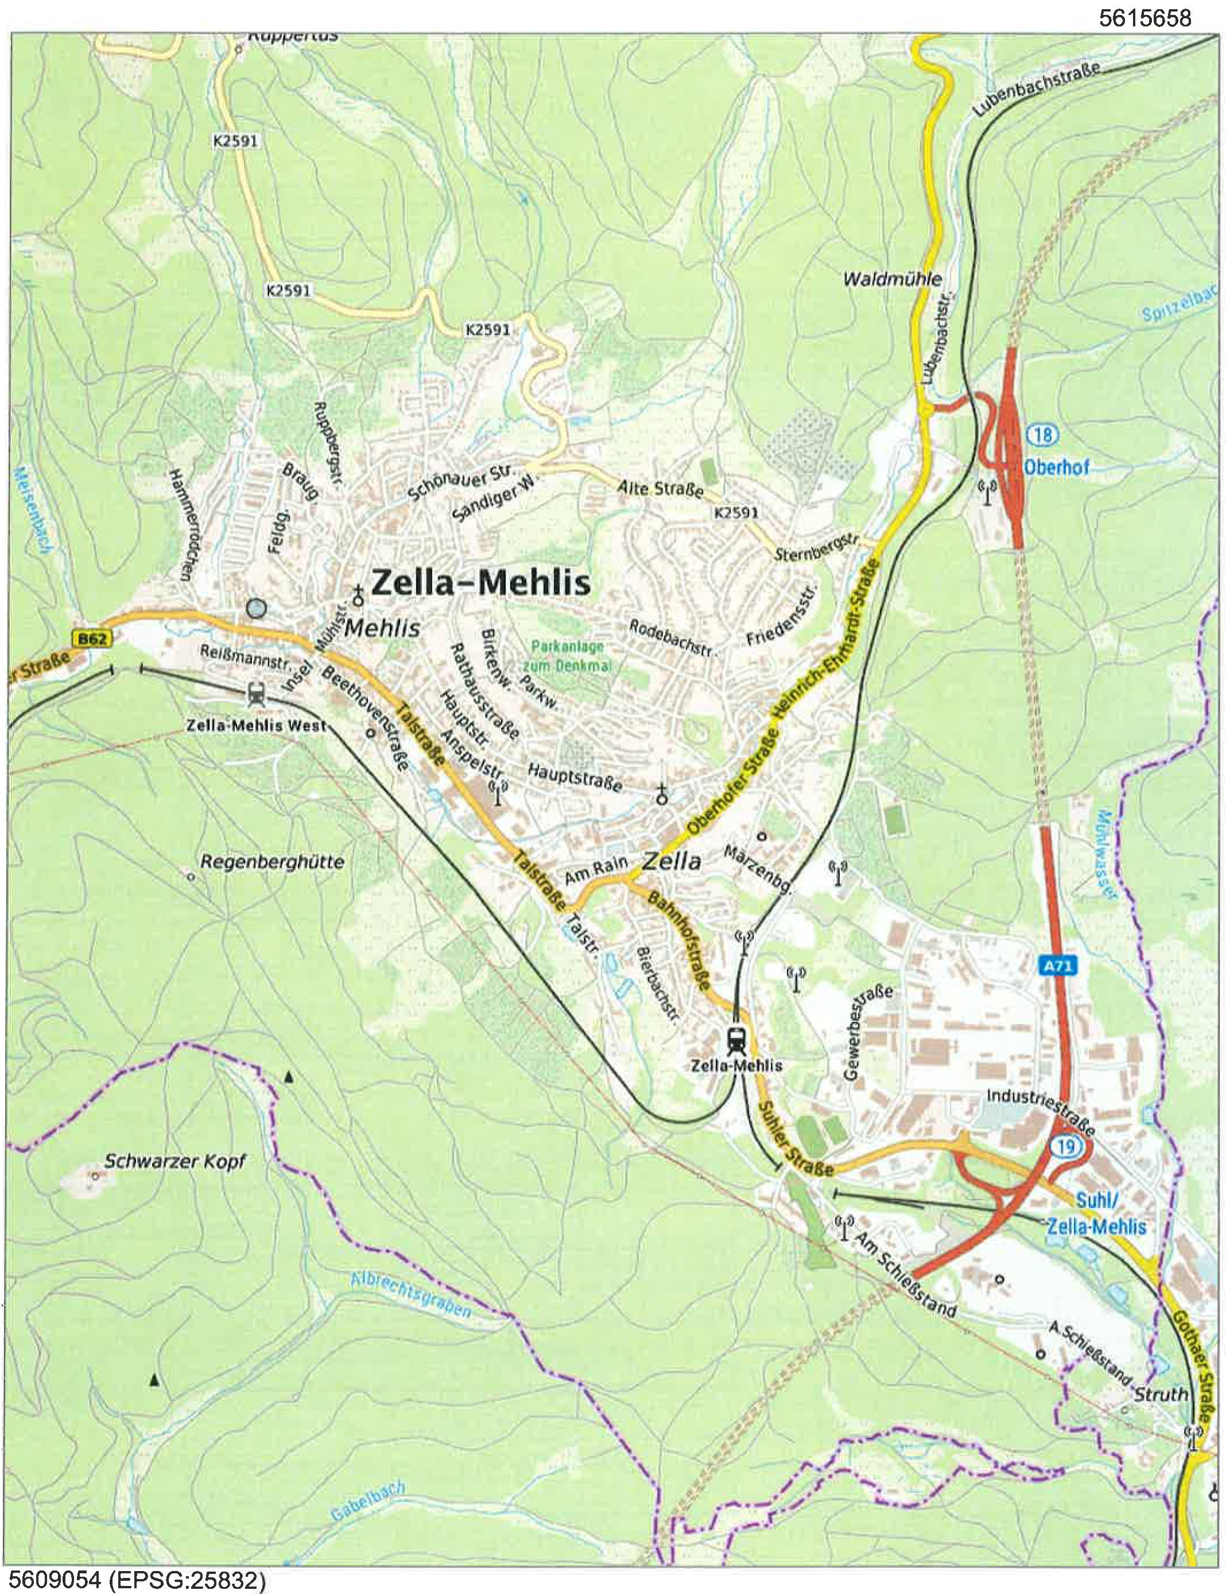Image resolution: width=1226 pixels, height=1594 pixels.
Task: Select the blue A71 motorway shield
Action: click(1055, 966)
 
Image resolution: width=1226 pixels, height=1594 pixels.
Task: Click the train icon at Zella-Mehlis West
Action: click(256, 692)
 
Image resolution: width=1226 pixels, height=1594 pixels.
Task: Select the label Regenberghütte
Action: click(272, 862)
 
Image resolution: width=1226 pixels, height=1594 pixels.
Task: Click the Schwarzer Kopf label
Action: click(175, 1160)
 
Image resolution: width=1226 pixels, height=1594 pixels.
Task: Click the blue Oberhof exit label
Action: click(1056, 466)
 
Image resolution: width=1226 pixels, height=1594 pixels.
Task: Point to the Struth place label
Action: click(1161, 1395)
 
